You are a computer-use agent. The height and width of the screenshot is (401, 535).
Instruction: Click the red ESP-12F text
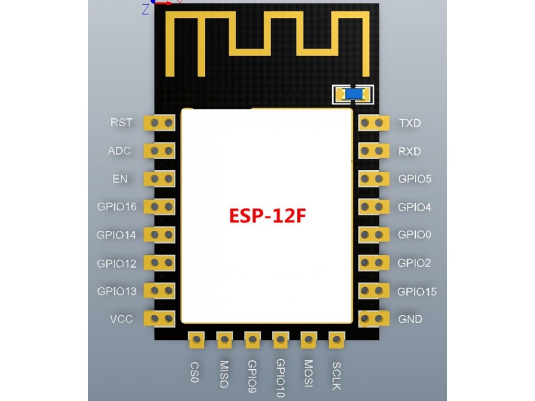click(x=265, y=215)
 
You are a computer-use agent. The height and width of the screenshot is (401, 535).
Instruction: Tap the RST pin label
click(x=121, y=123)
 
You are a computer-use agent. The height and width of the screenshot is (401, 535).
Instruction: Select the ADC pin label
click(x=119, y=151)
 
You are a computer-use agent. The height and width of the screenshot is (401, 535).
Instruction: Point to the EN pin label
click(x=120, y=179)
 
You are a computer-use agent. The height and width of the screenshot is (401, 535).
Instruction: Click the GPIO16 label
click(x=117, y=207)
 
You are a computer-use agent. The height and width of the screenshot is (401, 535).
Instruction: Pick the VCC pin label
click(x=121, y=319)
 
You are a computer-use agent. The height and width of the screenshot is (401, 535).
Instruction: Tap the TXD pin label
click(x=410, y=124)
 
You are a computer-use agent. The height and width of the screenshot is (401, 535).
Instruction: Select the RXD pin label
click(x=410, y=151)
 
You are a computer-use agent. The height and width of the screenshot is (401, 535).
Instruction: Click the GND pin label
click(x=410, y=319)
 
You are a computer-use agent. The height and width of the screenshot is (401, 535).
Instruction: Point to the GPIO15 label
click(x=417, y=291)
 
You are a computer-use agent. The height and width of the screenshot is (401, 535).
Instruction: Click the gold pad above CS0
click(x=196, y=340)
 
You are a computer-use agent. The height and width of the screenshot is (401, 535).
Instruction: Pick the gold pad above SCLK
click(x=336, y=340)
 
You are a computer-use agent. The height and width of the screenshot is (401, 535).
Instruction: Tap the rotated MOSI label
click(x=308, y=374)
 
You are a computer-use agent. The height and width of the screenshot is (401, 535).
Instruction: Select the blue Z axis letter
click(x=145, y=9)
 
